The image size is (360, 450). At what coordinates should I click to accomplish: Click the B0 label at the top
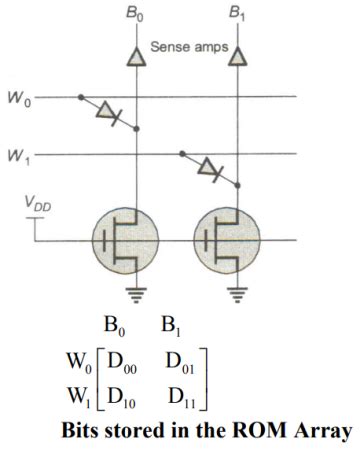[137, 15]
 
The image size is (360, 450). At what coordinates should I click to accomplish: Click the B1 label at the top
[236, 15]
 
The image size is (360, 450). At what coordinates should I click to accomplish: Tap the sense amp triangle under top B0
[137, 59]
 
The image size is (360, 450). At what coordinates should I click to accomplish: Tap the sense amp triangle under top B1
[236, 59]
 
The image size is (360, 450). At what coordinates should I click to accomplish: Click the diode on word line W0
[107, 113]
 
